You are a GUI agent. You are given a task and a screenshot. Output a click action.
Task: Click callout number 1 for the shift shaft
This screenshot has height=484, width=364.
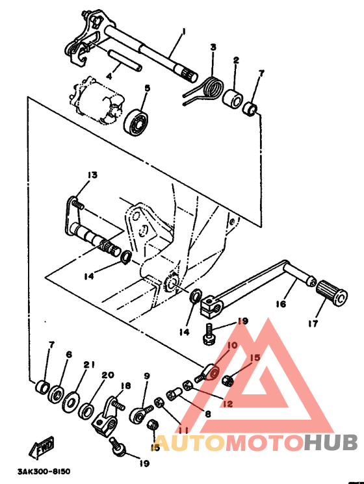coord(183,31)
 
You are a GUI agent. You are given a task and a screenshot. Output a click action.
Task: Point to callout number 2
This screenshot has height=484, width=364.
coord(236,60)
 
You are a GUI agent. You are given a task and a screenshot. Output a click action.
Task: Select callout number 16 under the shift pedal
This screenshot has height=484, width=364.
coord(281,303)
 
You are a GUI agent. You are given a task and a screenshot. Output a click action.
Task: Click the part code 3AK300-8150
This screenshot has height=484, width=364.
coord(44,471)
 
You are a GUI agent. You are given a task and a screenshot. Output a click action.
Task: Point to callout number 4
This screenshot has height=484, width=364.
coord(109,76)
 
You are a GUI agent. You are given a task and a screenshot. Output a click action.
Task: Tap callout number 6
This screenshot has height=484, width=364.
coord(68,355)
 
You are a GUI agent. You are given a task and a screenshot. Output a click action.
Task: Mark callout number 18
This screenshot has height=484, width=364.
coord(125,386)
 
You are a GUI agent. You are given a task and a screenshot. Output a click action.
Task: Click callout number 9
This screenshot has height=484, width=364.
coord(147,376)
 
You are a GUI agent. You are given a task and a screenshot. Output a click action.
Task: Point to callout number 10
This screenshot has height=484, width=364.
coord(232,347)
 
